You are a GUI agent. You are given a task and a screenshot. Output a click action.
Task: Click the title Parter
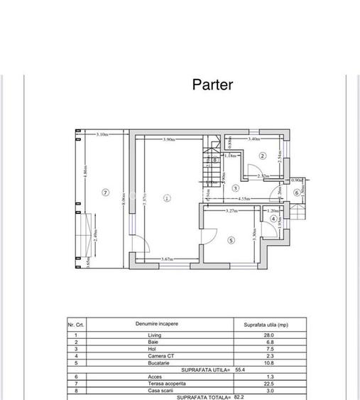coord(212,85)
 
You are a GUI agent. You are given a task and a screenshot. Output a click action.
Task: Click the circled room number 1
coord(167,198)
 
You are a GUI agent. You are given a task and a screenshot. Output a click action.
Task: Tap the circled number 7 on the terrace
coord(105,192)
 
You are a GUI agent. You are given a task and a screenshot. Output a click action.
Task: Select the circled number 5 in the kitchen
coord(231,240)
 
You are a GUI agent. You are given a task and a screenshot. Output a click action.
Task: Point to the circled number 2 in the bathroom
coord(262,156)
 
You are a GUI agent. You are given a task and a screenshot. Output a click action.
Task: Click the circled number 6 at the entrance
coord(297,193)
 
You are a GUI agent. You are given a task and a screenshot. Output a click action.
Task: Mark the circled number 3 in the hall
coord(236,188)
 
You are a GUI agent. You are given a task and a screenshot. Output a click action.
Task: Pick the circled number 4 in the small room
coord(274,219)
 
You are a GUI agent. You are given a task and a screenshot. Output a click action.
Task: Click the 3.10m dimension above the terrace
coord(102,134)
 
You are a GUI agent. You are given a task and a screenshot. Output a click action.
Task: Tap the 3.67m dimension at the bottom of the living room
coord(168,259)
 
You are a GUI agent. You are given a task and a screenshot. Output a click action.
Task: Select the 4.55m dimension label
coord(244,199)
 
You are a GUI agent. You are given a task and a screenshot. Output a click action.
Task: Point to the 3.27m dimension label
coord(231,212)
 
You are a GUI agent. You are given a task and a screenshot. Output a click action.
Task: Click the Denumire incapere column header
coord(157,323)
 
